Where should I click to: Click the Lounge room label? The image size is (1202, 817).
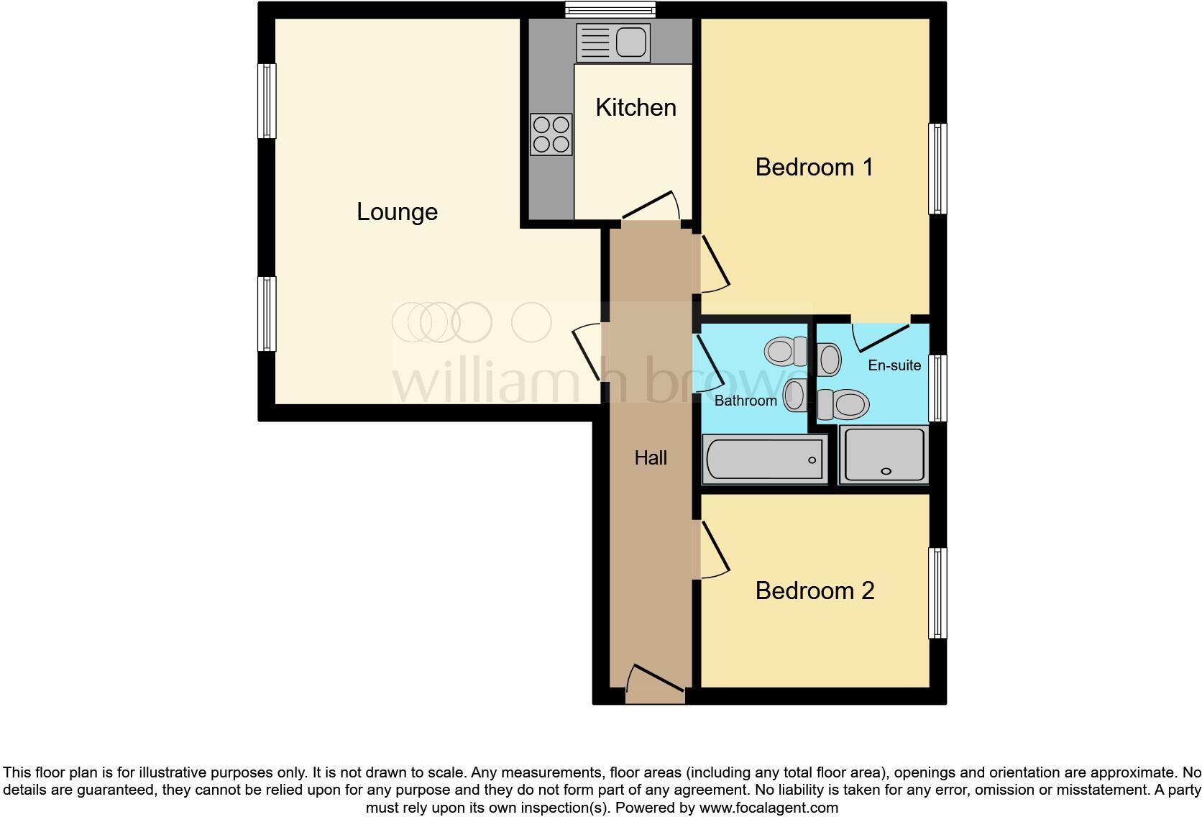(x=397, y=212)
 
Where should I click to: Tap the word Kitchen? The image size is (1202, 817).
(x=636, y=108)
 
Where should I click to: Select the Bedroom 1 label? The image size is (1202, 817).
(x=814, y=168)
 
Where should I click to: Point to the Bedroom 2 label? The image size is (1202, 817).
(x=815, y=591)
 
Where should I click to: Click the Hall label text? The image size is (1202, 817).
(x=651, y=458)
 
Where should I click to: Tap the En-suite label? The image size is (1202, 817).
(x=894, y=365)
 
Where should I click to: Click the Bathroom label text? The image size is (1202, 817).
(x=745, y=401)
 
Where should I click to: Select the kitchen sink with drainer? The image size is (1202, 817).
(x=613, y=42)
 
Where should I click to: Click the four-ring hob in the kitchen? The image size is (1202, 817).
(x=551, y=134)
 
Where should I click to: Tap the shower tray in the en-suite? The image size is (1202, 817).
(x=884, y=455)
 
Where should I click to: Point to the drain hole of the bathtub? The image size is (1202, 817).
(x=812, y=460)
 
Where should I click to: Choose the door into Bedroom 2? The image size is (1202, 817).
(x=713, y=550)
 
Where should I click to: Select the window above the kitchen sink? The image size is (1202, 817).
(x=610, y=9)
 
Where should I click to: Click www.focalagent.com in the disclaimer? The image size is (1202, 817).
(x=768, y=808)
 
